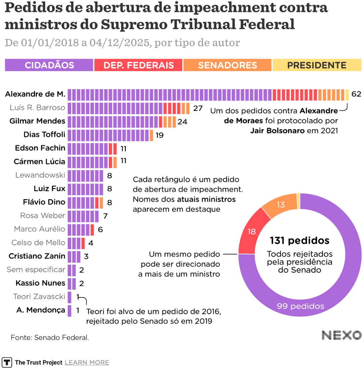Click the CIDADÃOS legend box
point(49,65)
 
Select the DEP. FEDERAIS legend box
point(138,65)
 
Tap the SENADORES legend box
point(228,65)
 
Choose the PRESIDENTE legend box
point(317,65)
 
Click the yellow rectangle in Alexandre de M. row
point(347,95)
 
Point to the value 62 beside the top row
point(356,94)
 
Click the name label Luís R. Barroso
point(37,108)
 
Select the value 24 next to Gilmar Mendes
point(182,122)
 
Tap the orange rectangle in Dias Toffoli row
point(151,135)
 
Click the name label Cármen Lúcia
point(39,162)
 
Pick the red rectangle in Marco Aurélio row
point(92,230)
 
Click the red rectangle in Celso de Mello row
point(83,243)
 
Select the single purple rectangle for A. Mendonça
point(70,310)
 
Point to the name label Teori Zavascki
point(39,297)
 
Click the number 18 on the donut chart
point(251,231)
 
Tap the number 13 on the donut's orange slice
point(281,205)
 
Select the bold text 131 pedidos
point(299,241)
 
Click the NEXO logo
point(341,335)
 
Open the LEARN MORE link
point(87,362)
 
